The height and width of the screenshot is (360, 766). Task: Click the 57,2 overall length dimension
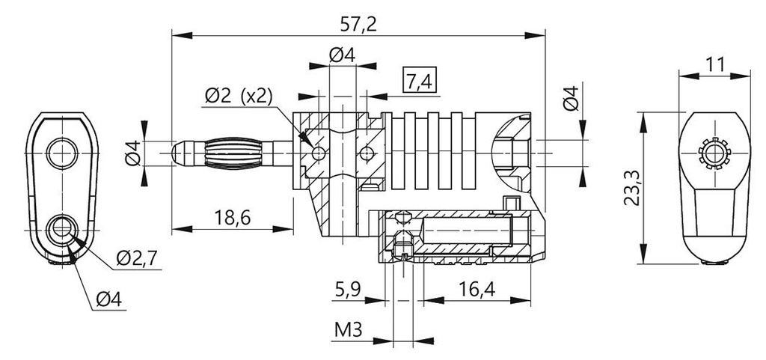pos(358,24)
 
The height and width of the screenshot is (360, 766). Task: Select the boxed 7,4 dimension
pos(419,80)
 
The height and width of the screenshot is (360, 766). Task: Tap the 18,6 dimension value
pos(233,217)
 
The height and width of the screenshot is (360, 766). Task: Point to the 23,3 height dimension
pos(632,188)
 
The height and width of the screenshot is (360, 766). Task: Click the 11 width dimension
pos(714,64)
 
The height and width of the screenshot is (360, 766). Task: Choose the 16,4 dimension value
pos(477,290)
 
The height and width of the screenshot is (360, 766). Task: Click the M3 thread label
pos(348,330)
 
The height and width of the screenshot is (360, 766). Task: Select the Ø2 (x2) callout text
pos(238,96)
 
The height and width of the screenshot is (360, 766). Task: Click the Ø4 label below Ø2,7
pos(108,299)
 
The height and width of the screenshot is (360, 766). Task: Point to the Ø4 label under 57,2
pos(342,55)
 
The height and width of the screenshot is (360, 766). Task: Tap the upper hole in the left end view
pos(62,153)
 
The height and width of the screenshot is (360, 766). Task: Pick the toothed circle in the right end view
pos(714,153)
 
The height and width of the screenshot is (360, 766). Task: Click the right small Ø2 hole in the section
pos(367,154)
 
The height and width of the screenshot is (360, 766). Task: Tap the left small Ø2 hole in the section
pos(319,154)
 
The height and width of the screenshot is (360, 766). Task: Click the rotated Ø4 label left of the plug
pos(133,153)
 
